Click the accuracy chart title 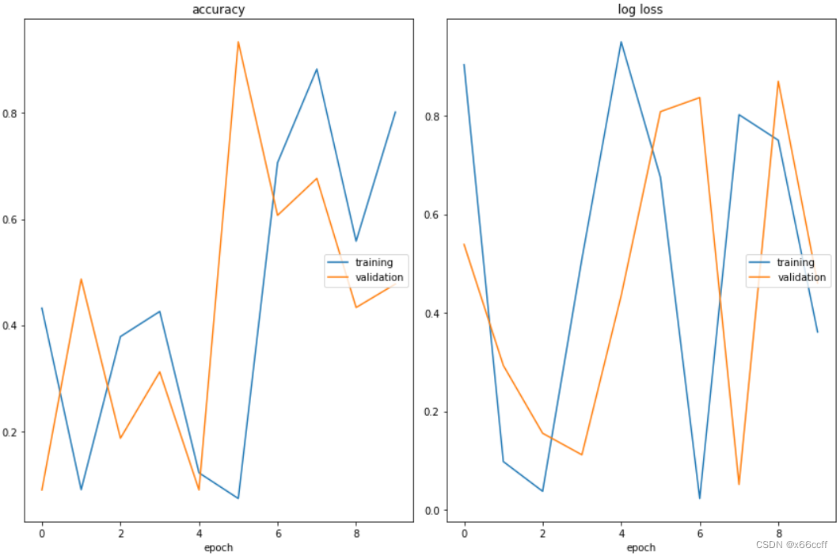219,10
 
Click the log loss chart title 640,10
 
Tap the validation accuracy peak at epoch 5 238,42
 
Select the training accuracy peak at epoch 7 317,69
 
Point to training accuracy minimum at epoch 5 238,498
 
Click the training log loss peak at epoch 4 621,42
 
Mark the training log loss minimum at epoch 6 700,498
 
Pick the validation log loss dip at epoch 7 739,484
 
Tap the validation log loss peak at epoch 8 778,82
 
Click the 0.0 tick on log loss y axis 431,510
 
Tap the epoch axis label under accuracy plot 219,547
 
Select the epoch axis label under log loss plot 640,547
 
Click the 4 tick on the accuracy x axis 199,534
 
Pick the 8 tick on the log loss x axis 778,534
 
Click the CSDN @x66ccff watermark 791,544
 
